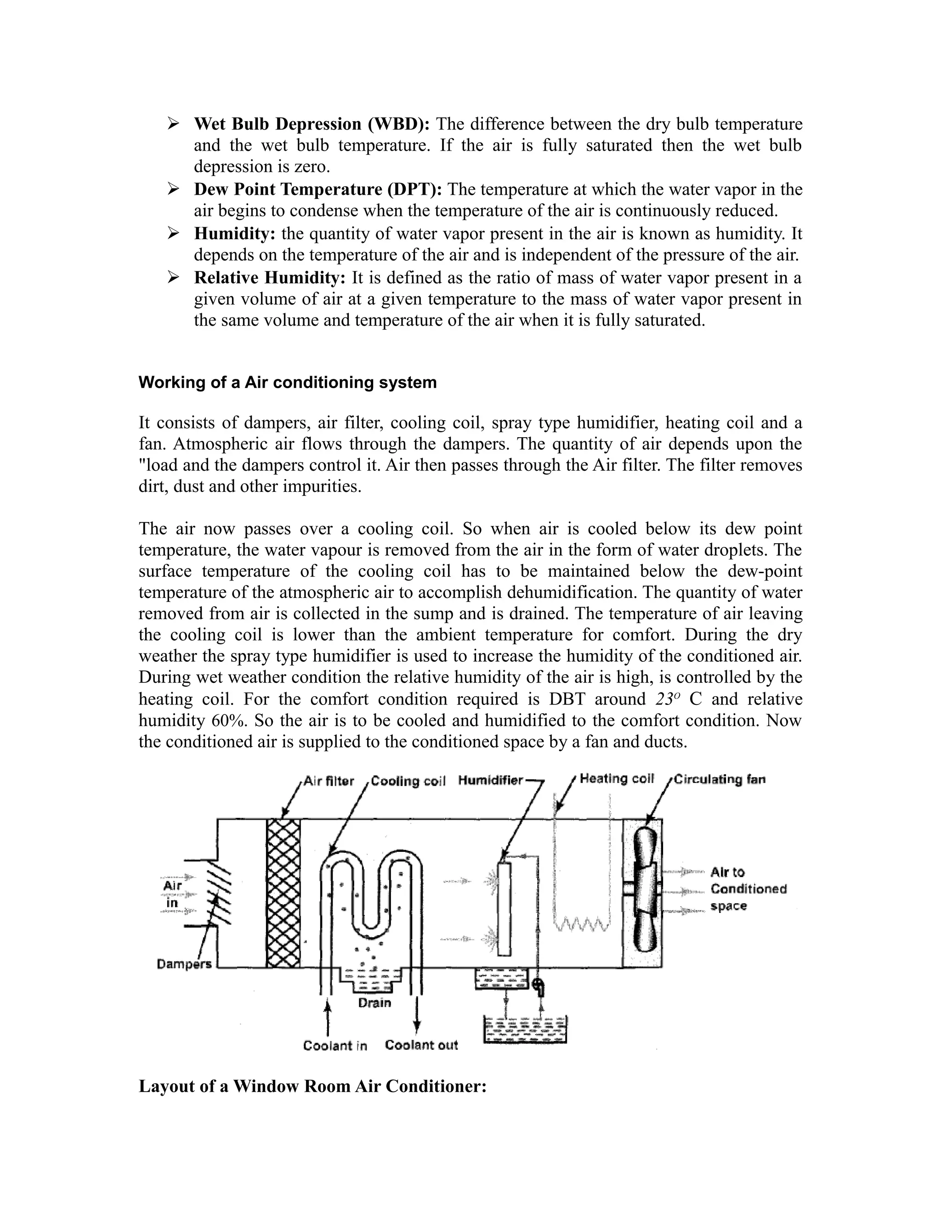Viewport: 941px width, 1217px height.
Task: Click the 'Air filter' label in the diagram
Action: [x=329, y=781]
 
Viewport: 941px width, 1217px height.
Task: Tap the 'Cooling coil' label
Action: [x=408, y=781]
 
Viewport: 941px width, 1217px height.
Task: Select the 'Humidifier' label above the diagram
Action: [x=490, y=780]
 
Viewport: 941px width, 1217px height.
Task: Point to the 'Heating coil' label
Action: [x=617, y=779]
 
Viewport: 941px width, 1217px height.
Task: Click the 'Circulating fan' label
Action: [x=719, y=779]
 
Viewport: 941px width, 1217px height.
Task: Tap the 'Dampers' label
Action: [x=184, y=964]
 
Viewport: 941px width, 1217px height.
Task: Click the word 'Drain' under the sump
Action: [x=374, y=1003]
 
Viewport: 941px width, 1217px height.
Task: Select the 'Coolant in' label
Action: [x=335, y=1046]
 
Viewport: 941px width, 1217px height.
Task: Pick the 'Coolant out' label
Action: [x=421, y=1045]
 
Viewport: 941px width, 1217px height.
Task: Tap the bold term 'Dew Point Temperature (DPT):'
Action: [x=318, y=190]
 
